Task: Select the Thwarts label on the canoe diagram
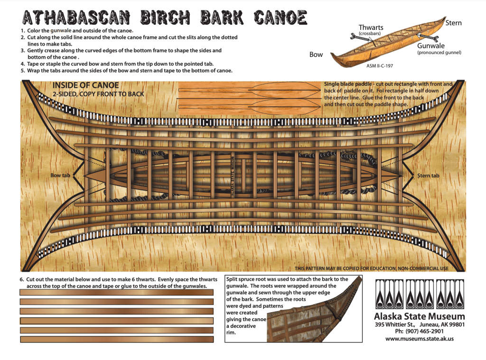pyautogui.click(x=371, y=28)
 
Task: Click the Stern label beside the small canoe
pyautogui.click(x=453, y=23)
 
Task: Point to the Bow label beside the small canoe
pyautogui.click(x=316, y=55)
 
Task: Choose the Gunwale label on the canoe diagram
pyautogui.click(x=430, y=46)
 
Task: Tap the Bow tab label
pyautogui.click(x=60, y=175)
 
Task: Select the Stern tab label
pyautogui.click(x=428, y=176)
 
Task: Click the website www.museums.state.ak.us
pyautogui.click(x=419, y=339)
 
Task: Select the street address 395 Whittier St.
pyautogui.click(x=395, y=324)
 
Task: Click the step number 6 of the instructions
pyautogui.click(x=21, y=279)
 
